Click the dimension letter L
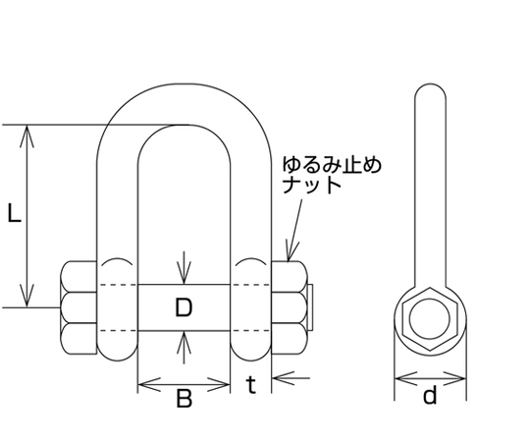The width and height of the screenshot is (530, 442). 14,213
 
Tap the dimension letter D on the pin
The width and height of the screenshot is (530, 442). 184,307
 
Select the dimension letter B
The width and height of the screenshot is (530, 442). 185,398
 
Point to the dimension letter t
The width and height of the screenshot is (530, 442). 251,385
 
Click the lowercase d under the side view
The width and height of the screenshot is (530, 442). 430,395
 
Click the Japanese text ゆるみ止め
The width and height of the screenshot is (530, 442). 332,165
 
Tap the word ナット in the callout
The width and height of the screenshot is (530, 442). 311,185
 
